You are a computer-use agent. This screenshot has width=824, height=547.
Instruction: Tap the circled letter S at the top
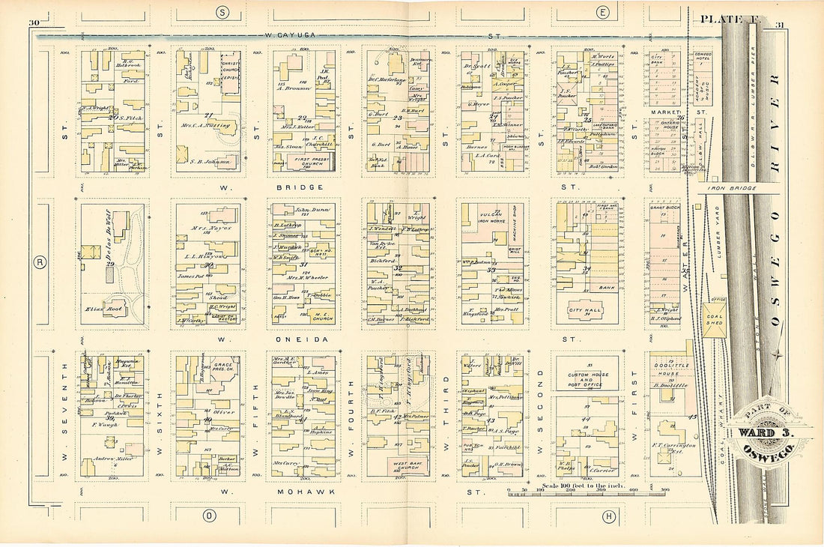click(x=222, y=11)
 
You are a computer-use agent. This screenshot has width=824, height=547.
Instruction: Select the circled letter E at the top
click(x=602, y=11)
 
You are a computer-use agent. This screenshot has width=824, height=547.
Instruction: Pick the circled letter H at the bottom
click(x=610, y=516)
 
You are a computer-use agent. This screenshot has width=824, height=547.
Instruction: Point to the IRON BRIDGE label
click(x=737, y=189)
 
